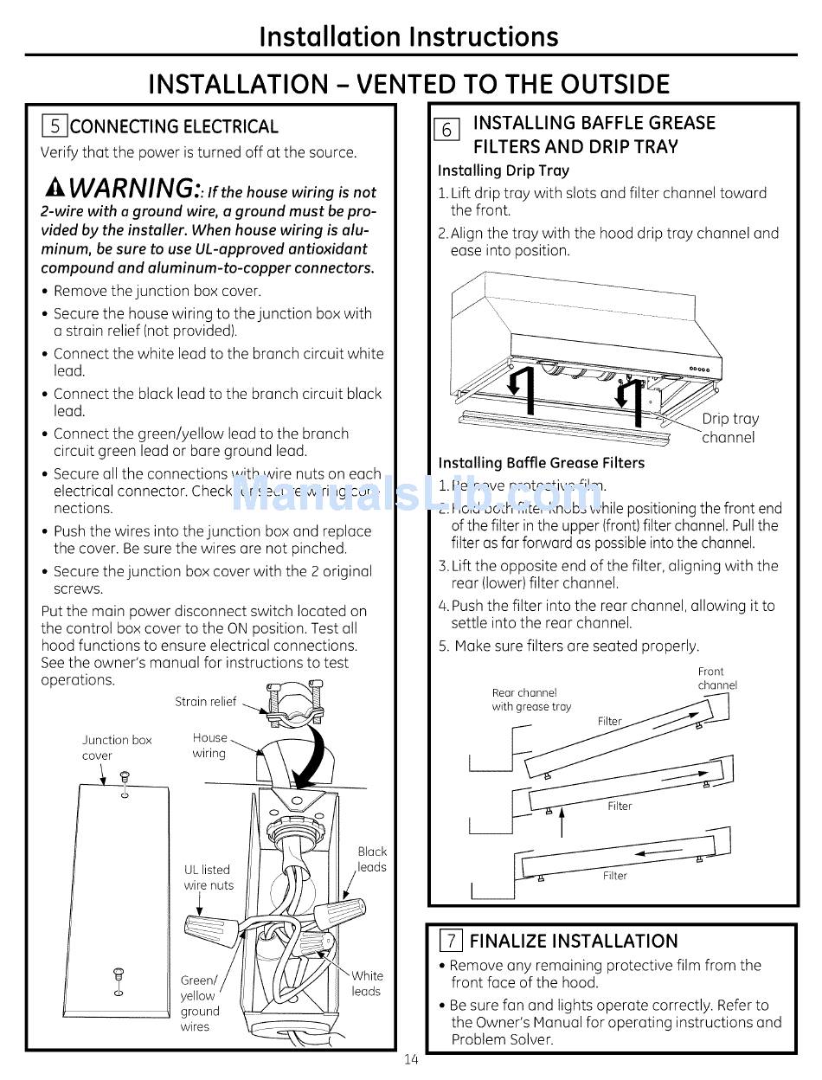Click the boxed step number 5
[x=55, y=126]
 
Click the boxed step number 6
[x=446, y=130]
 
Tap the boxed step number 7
[x=452, y=941]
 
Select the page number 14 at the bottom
[x=410, y=1060]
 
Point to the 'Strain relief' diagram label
[x=205, y=702]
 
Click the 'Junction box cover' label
[x=116, y=748]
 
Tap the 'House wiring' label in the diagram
[x=209, y=745]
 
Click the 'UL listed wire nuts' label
[x=208, y=877]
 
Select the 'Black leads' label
[x=372, y=859]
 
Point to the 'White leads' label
[x=367, y=983]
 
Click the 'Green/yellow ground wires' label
[x=199, y=1003]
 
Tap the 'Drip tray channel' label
[x=728, y=428]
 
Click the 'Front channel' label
[x=717, y=678]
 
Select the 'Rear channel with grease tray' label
[x=531, y=699]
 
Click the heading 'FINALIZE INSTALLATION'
[x=574, y=941]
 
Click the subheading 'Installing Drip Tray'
[x=503, y=170]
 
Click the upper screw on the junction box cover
[x=125, y=777]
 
